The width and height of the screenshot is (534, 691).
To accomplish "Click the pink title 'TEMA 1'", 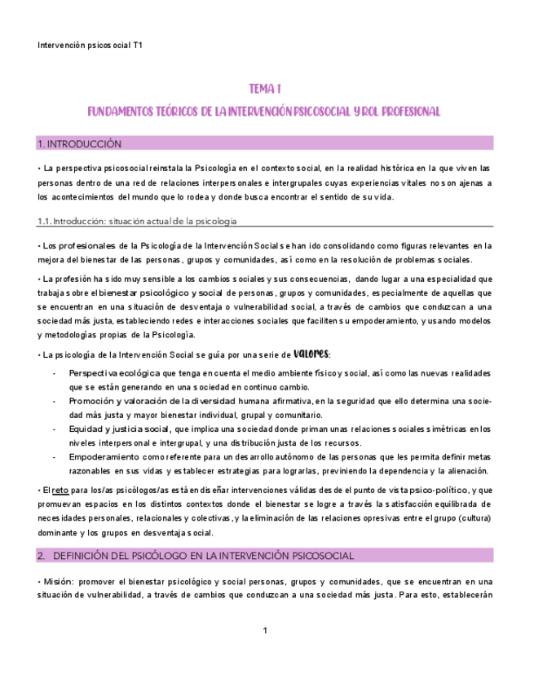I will point(266,88).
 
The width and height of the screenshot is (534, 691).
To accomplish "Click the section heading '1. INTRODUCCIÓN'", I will point(80,144).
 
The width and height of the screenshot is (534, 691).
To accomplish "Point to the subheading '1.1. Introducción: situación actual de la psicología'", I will point(138,221).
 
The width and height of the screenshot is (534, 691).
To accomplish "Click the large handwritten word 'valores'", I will point(311,353).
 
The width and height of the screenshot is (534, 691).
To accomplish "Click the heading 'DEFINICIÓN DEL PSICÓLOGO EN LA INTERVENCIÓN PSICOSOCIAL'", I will point(203,556).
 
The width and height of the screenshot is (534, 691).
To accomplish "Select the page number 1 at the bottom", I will point(266,631).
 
